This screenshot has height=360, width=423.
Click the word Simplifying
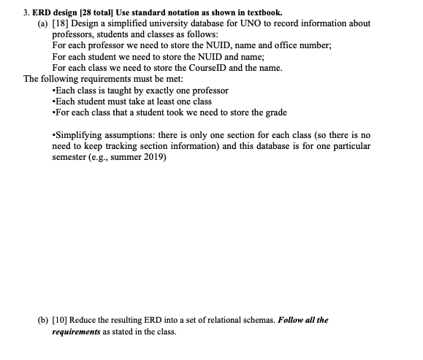click(x=79, y=135)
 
